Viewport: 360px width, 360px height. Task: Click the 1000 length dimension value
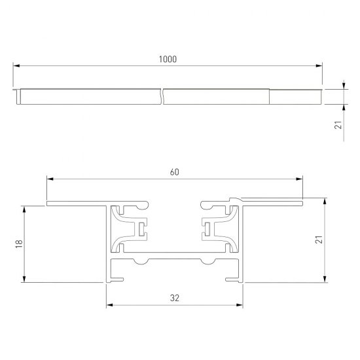click(x=168, y=59)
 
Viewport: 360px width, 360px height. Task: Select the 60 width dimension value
click(x=174, y=172)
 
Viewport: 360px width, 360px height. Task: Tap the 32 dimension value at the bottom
click(x=174, y=298)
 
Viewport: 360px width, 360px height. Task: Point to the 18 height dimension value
click(x=19, y=243)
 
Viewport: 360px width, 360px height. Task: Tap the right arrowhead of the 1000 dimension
click(x=320, y=65)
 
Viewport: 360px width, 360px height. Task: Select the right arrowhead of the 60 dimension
click(x=300, y=179)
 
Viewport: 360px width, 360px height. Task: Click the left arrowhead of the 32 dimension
click(x=110, y=304)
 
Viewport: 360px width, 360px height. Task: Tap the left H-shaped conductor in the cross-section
click(x=139, y=228)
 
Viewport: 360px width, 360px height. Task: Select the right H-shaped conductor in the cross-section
click(x=209, y=228)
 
